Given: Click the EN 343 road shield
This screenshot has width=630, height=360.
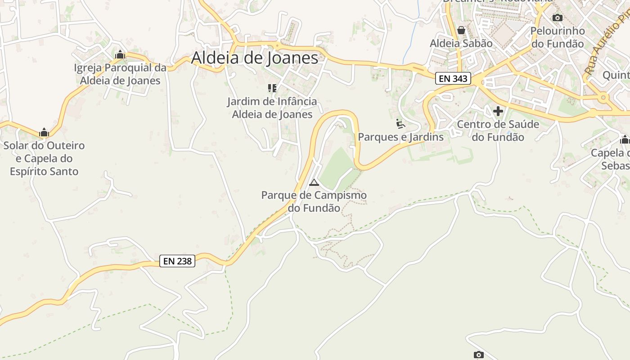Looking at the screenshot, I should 453,79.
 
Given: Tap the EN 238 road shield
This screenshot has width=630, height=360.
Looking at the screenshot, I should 177,261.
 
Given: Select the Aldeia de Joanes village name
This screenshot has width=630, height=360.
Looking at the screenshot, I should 255,58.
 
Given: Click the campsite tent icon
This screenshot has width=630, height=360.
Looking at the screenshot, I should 314,182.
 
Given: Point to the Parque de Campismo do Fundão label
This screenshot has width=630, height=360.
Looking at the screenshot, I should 314,202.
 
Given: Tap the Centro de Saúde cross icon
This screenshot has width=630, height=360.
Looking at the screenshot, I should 498,111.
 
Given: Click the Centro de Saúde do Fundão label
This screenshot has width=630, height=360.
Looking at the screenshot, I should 498,130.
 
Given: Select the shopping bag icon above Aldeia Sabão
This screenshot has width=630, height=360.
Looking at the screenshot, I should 461,31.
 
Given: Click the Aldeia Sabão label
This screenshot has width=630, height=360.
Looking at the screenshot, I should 461,43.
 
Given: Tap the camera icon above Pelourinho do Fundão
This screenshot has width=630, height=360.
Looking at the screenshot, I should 558,18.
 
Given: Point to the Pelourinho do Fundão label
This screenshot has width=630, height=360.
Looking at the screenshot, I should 558,37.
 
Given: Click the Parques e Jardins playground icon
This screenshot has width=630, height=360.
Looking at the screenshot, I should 400,123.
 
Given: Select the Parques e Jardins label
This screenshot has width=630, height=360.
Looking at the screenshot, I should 400,137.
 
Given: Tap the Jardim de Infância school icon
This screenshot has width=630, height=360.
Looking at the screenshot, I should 272,88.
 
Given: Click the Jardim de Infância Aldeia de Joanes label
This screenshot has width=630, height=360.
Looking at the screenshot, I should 272,108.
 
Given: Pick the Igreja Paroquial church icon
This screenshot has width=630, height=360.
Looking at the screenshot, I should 120,55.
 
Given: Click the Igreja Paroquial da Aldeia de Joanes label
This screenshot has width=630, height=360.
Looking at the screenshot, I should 120,74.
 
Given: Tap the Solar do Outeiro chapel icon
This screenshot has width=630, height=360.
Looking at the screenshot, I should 44,132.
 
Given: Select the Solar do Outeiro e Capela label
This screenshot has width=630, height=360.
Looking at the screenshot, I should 44,158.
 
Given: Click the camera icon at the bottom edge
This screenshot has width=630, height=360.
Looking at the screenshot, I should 479,355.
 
